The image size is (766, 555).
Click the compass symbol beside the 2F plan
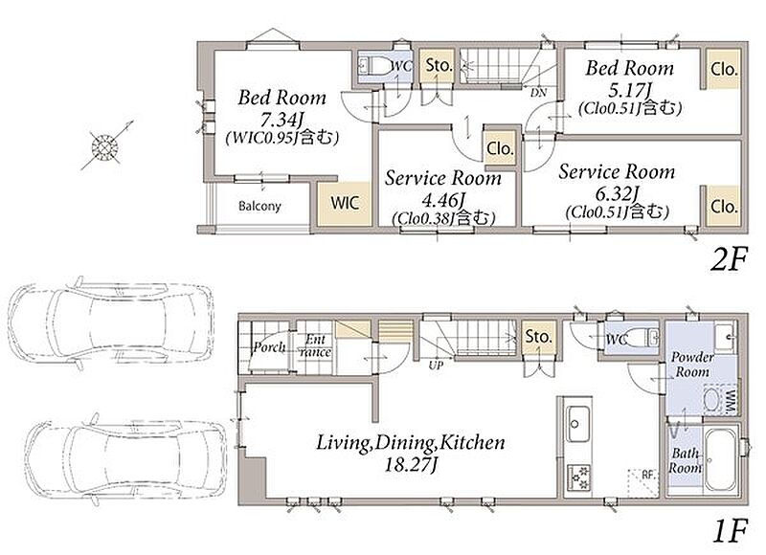[106, 145]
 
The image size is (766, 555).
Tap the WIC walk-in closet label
[345, 203]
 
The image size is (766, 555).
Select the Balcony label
[259, 206]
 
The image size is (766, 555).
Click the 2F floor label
[729, 259]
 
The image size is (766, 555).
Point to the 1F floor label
[731, 531]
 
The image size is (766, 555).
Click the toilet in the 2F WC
[375, 65]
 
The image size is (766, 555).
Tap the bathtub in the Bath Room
[721, 459]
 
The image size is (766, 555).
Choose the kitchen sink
[578, 424]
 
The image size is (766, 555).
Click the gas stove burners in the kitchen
[578, 477]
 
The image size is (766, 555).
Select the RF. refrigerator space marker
[647, 475]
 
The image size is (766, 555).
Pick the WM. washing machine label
[731, 402]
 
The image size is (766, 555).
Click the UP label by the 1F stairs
[437, 365]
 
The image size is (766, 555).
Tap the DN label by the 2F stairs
[538, 92]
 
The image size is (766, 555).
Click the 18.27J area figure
[411, 465]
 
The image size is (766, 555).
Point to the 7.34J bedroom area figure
[282, 118]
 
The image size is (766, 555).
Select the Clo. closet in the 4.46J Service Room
[500, 148]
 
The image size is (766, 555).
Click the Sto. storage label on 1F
[538, 336]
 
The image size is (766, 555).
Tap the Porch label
[269, 347]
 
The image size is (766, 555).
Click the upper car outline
[111, 322]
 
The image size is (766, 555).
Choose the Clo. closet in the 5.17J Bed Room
[724, 69]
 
